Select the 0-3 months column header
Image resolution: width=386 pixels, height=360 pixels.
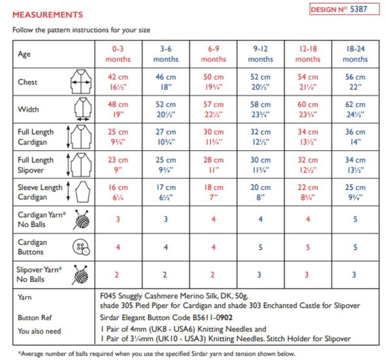(118, 54)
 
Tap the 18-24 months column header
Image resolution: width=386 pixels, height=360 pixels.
(355, 54)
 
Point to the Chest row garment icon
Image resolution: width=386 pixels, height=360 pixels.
(80, 82)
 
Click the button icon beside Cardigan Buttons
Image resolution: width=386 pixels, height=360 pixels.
(80, 248)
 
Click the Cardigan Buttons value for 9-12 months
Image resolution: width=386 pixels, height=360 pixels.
(260, 248)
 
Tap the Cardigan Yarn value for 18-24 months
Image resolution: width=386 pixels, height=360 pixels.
(355, 220)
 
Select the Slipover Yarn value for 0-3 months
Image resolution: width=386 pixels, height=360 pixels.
(117, 275)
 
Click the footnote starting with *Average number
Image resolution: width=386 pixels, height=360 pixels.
(156, 353)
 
